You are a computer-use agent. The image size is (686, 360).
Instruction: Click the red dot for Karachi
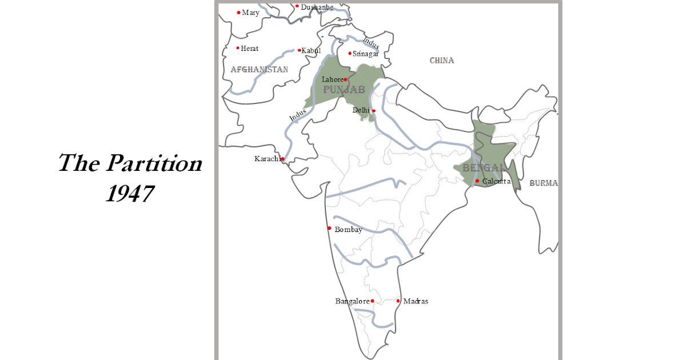[282, 159]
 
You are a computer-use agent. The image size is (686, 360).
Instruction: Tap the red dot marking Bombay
[329, 228]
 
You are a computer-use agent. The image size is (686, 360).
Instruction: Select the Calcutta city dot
[477, 181]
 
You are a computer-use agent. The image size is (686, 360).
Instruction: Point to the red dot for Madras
[398, 301]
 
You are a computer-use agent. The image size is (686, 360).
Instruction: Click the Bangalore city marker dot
[372, 301]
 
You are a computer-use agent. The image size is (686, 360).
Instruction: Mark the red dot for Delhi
[373, 110]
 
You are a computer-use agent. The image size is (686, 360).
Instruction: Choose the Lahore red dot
[345, 79]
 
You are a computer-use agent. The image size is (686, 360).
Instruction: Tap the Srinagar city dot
[350, 54]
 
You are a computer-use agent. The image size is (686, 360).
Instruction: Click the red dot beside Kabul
[300, 50]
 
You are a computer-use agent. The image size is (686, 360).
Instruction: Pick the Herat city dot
[238, 48]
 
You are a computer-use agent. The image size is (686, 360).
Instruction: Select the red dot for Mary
[239, 12]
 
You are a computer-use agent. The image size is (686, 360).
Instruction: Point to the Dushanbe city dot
[297, 6]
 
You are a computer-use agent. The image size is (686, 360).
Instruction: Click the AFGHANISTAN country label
[260, 69]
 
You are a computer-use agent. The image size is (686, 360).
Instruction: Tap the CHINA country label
[442, 60]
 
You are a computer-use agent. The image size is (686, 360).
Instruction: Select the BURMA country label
[543, 183]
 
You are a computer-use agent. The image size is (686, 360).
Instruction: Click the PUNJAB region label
[344, 90]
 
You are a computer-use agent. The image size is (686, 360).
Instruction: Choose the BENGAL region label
[484, 168]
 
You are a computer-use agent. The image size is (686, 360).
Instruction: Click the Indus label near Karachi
[298, 114]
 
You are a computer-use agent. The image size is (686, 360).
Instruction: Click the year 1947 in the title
[130, 193]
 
